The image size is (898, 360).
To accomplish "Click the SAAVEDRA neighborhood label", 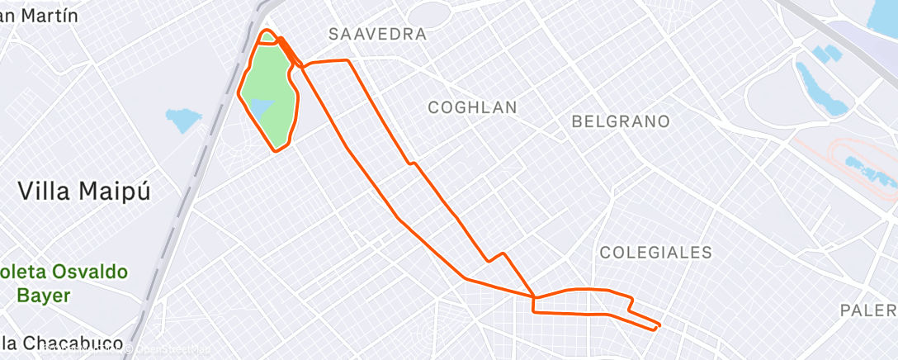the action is click(x=377, y=35).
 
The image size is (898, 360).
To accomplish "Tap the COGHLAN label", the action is click(x=472, y=107).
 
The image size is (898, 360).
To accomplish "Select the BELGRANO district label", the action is click(x=620, y=121).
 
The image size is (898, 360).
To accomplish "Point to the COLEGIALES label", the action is click(x=655, y=253).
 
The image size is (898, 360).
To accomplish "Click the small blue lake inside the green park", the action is click(x=262, y=107).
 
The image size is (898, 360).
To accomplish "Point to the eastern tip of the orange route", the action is click(x=659, y=325).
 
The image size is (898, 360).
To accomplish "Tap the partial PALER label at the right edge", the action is click(x=868, y=310).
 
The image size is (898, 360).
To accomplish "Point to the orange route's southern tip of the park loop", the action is click(x=277, y=149).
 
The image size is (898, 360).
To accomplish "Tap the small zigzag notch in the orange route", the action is click(x=495, y=258).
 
